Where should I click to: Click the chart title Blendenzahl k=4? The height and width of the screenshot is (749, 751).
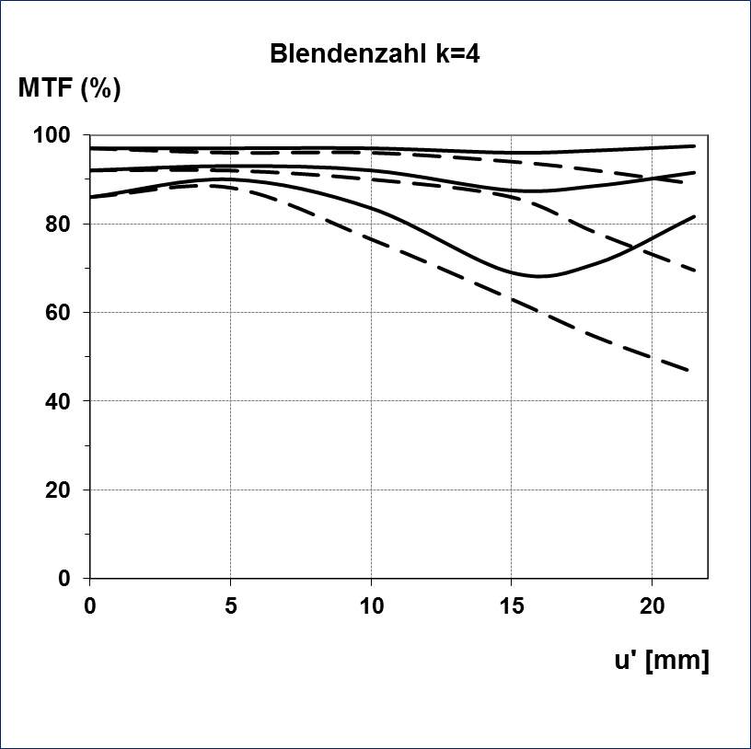point(375,53)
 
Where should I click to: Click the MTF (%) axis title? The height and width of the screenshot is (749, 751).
point(69,89)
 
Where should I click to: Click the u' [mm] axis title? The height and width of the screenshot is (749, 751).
point(661,661)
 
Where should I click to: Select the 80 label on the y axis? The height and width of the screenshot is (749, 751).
point(59,225)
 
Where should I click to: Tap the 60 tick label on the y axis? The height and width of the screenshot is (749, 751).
point(59,313)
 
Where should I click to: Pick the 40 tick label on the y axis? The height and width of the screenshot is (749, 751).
point(59,401)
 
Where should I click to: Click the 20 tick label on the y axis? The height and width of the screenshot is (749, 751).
point(59,490)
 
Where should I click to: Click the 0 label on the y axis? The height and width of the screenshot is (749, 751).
point(64,579)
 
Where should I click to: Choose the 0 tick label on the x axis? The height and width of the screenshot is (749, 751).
point(89,606)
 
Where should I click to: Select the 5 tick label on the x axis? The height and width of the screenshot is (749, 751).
point(230,606)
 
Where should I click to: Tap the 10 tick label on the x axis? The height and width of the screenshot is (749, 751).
point(370,606)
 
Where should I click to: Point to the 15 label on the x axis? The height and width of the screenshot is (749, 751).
point(511,606)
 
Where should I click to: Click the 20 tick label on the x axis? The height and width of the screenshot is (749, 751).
point(652,606)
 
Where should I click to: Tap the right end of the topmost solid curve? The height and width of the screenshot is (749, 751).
point(694,145)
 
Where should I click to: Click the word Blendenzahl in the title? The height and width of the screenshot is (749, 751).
point(336,53)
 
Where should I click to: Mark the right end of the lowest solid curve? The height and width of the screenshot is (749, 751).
point(694,216)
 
